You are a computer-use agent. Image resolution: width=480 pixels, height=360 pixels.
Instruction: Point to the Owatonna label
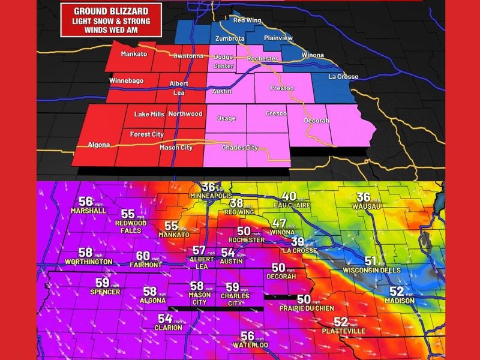(x=188, y=56)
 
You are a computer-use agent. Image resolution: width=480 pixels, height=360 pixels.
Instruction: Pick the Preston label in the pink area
(x=282, y=88)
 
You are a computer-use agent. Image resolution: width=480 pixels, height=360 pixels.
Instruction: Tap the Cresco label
(x=276, y=113)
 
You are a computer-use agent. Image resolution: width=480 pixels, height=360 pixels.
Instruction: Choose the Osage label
(x=226, y=118)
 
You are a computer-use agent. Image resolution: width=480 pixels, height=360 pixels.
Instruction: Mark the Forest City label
(x=147, y=134)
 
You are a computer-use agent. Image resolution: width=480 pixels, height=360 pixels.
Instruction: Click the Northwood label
(x=185, y=113)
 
